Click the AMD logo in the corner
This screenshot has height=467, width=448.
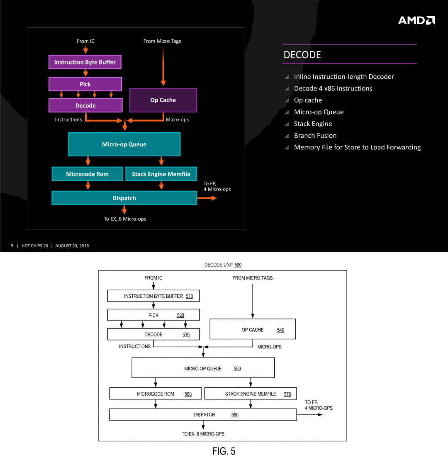(x=416, y=20)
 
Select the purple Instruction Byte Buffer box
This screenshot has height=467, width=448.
(x=85, y=62)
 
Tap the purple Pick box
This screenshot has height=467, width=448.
(x=85, y=84)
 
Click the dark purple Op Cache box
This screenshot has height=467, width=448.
(x=163, y=100)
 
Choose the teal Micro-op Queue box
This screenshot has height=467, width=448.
(x=124, y=144)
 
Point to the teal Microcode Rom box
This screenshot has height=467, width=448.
(x=87, y=174)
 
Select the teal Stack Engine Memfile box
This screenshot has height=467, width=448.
(x=161, y=174)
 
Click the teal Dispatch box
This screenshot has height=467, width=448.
(x=124, y=198)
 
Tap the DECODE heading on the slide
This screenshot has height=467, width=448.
(x=302, y=55)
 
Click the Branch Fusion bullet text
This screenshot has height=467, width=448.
(x=315, y=136)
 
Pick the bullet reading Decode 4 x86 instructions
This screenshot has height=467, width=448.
(x=333, y=88)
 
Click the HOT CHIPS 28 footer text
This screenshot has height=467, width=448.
(x=35, y=246)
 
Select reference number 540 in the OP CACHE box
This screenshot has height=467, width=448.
(x=281, y=330)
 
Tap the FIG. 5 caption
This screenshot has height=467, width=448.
(x=224, y=451)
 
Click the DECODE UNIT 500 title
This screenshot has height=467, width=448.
(x=223, y=265)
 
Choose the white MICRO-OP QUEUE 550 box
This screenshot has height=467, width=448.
(x=203, y=368)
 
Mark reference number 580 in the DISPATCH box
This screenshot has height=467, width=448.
(x=235, y=415)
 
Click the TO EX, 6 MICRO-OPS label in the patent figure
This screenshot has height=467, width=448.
(x=203, y=434)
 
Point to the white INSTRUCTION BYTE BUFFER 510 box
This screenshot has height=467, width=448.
(x=153, y=296)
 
